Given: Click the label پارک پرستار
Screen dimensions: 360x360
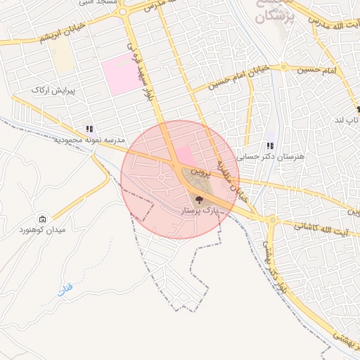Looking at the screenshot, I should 198,211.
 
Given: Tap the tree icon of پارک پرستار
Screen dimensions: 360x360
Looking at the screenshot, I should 198,200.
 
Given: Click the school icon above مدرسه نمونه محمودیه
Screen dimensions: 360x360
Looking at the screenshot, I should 89,129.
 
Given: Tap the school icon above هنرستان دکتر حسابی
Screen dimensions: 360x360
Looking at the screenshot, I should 269,146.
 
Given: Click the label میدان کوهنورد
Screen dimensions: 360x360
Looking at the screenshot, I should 42,230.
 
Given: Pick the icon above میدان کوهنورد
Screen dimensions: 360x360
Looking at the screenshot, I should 43,219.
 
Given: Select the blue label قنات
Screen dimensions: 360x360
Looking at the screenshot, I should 65,289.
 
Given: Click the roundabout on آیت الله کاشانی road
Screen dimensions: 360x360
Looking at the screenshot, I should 272,220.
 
